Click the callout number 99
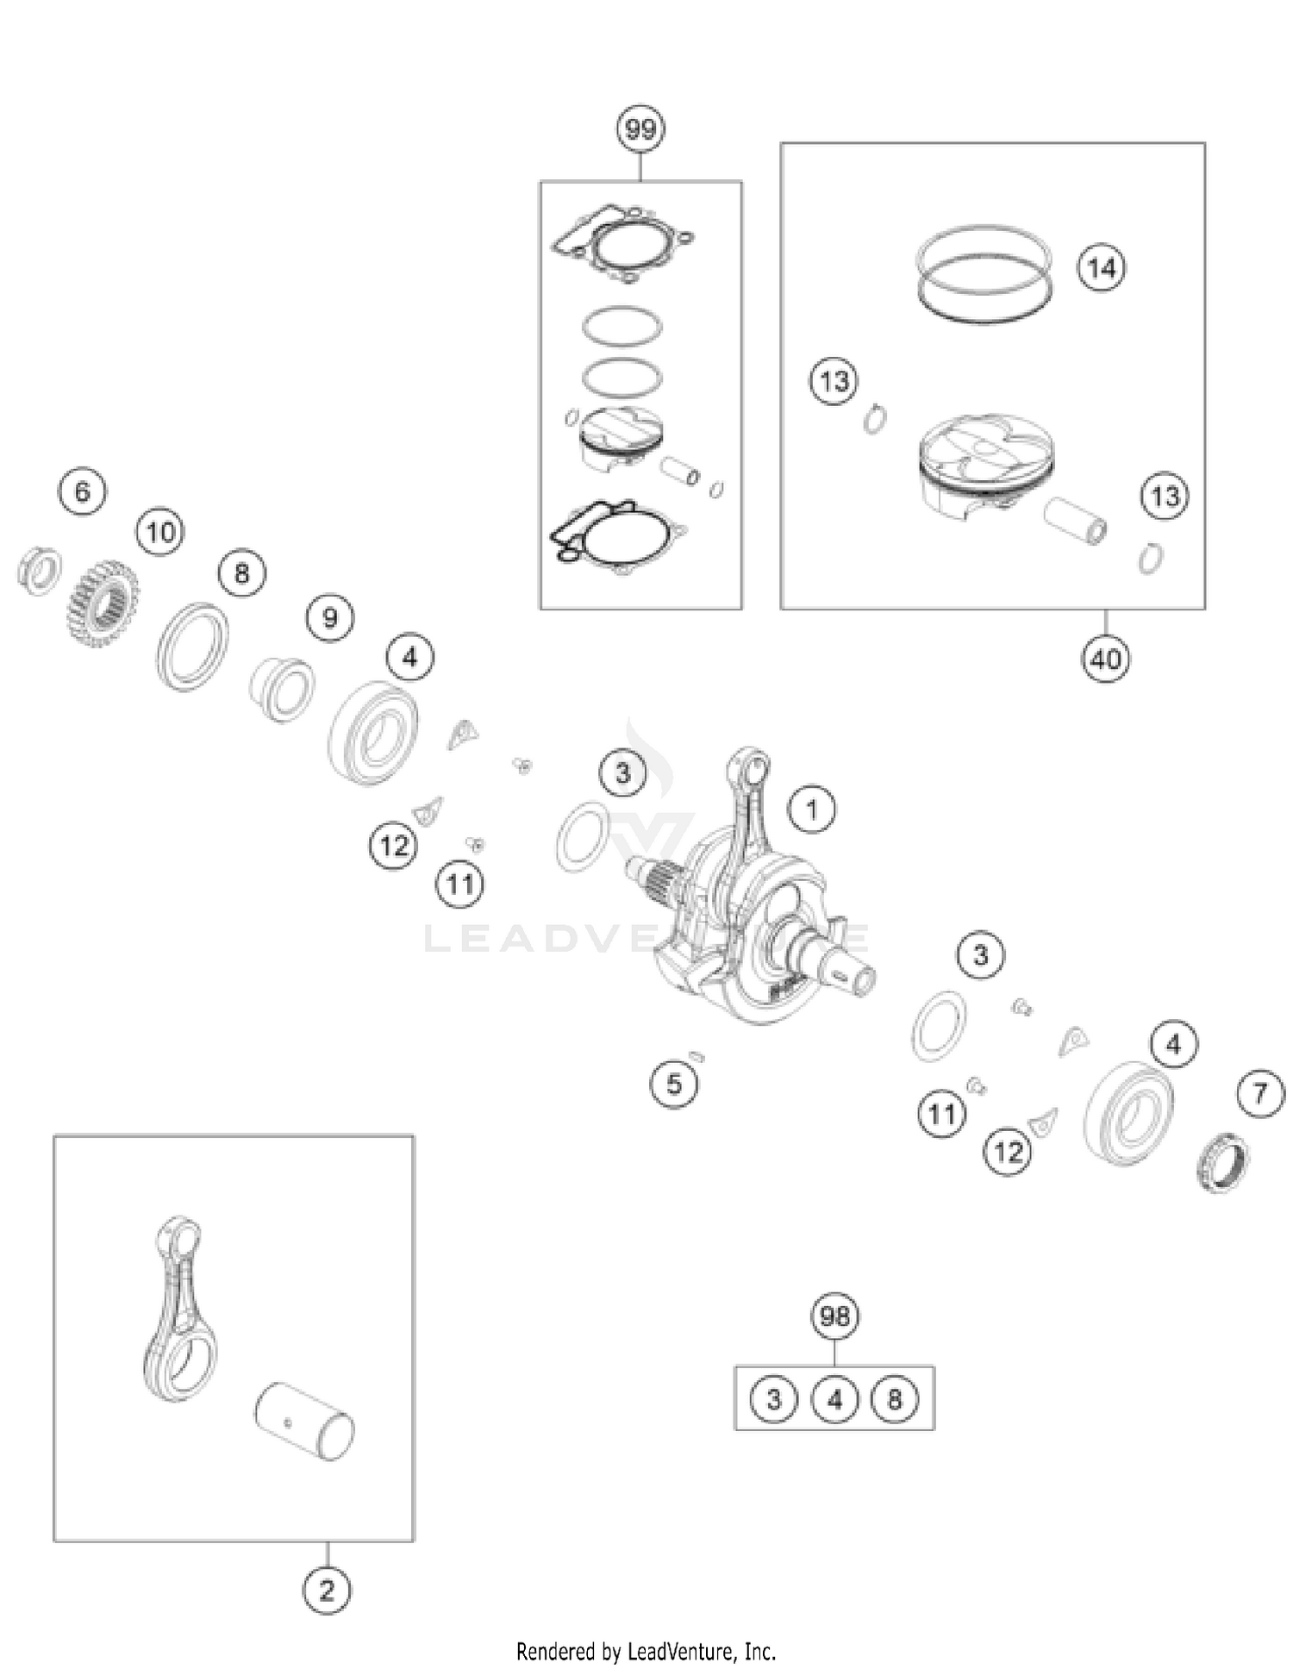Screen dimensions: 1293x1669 point(640,129)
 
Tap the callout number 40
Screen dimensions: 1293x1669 point(1105,659)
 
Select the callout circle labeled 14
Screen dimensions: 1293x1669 point(1102,268)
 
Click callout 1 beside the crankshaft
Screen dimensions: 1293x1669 point(811,809)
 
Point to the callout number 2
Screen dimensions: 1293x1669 point(327,1591)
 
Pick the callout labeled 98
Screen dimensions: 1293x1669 point(834,1316)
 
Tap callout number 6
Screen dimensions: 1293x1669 point(83,491)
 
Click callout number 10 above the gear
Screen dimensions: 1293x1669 point(161,532)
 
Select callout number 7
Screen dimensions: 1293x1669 point(1260,1094)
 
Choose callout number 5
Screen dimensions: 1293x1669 point(674,1084)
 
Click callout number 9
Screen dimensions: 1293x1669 point(330,617)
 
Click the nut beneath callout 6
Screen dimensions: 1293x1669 point(40,570)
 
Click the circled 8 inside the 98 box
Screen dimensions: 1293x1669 point(894,1398)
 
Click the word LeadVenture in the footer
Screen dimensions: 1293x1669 point(680,1651)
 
